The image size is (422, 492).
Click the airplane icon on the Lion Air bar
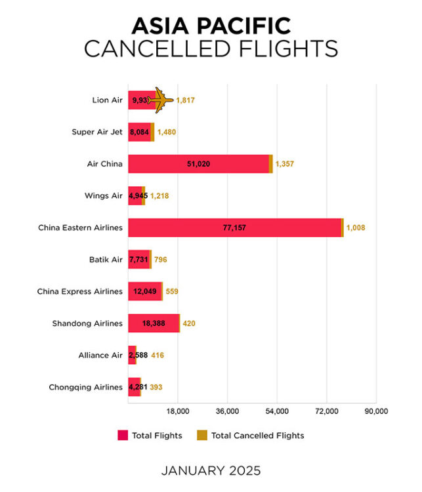[160, 100]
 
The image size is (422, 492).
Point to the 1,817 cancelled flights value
[186, 100]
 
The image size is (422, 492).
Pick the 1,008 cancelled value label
[356, 228]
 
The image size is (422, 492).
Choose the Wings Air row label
[104, 195]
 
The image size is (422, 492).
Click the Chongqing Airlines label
[85, 387]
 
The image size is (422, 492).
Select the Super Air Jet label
[97, 132]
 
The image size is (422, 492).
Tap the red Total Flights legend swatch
[123, 435]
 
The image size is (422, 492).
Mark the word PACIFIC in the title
[248, 26]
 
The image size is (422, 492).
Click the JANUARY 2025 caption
[211, 470]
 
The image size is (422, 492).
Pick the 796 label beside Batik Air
[160, 260]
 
